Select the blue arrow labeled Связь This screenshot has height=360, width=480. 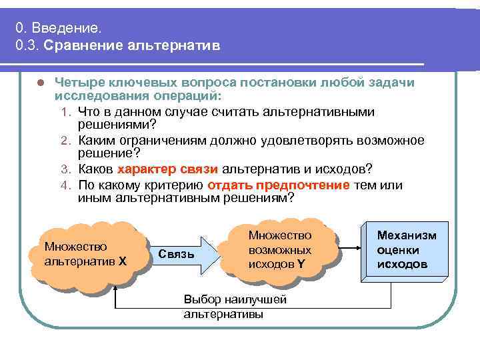tap(181, 254)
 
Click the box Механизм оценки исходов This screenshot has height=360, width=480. tap(407, 251)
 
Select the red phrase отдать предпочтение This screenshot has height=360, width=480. tap(278, 185)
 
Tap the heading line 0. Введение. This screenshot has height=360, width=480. tap(60, 28)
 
